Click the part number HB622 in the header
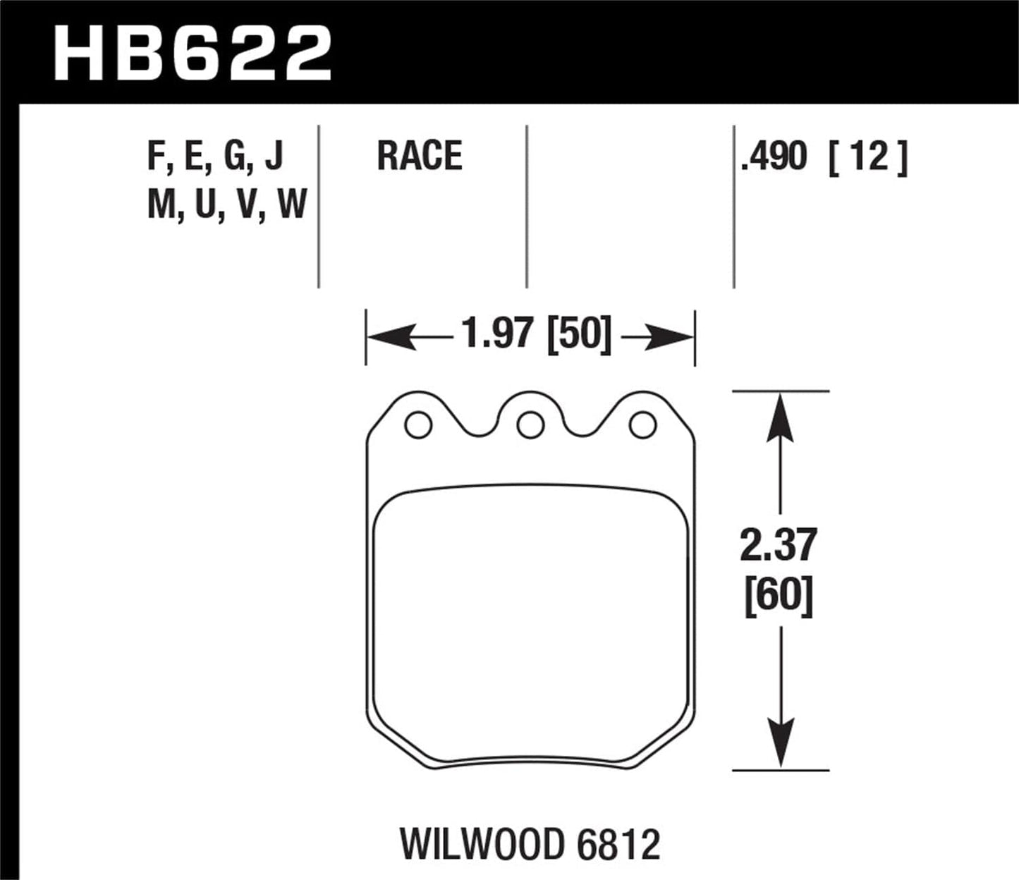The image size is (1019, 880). click(192, 53)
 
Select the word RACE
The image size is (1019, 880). click(419, 156)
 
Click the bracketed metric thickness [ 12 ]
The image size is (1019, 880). click(868, 157)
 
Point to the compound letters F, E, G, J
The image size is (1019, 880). click(215, 156)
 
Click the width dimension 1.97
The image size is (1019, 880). click(496, 334)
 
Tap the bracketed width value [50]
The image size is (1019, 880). click(579, 334)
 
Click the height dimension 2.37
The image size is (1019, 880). click(779, 545)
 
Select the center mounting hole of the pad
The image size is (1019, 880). click(530, 425)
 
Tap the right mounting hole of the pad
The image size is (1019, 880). click(642, 425)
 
